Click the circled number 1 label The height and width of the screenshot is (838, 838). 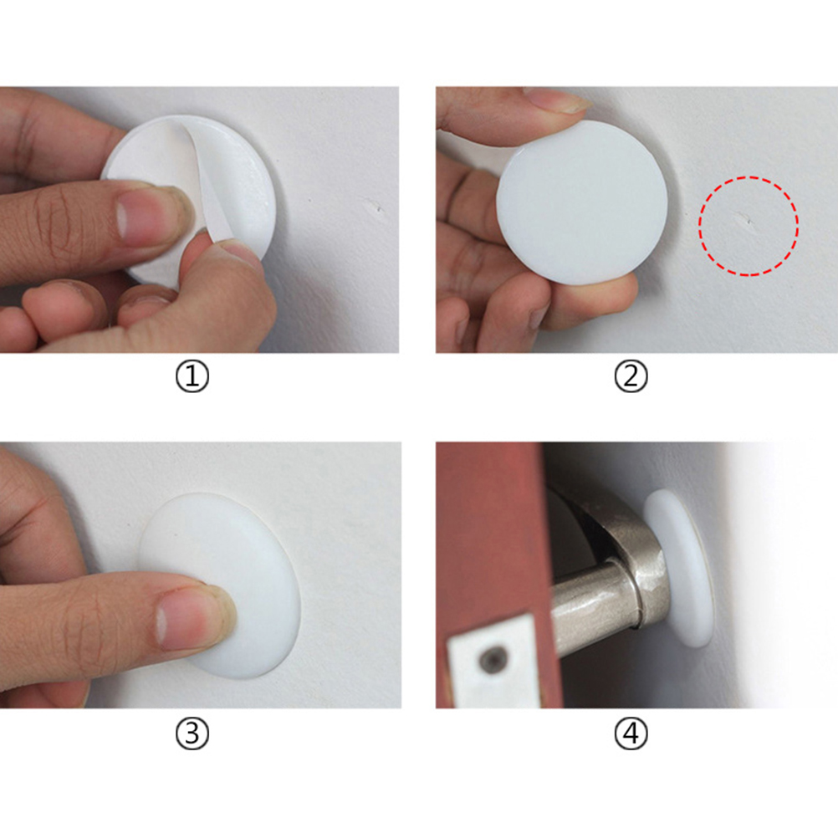coord(192,377)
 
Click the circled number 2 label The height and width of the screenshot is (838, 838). coord(631,376)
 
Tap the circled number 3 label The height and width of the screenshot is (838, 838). coord(192,733)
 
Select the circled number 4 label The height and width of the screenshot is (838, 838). coord(631,733)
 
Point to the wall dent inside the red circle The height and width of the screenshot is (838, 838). coord(744,218)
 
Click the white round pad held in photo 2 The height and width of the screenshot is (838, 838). coord(582,202)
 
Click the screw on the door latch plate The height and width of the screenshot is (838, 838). coord(493,661)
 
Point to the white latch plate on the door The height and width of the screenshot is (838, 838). coord(494,662)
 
